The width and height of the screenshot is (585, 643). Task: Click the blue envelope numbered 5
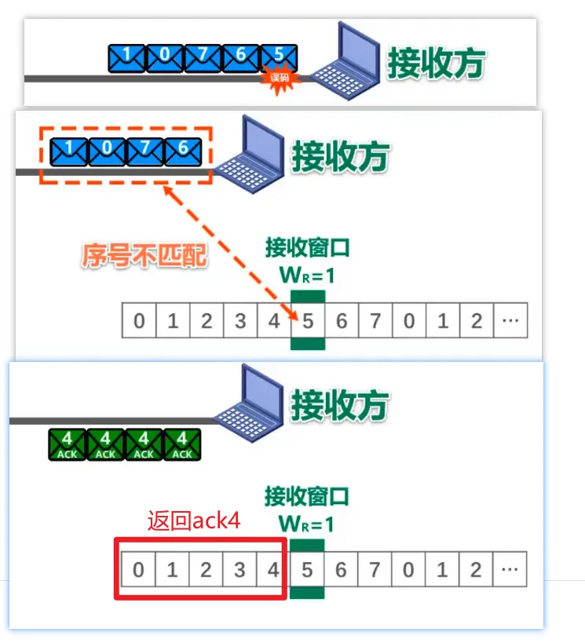(x=279, y=57)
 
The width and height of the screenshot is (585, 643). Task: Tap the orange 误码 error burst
(x=280, y=77)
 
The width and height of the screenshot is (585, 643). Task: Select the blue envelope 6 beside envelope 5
(x=241, y=57)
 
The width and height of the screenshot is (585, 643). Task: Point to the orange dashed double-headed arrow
(x=228, y=250)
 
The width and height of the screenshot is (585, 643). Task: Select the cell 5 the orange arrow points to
(x=307, y=321)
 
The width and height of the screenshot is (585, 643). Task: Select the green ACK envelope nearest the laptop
(x=182, y=444)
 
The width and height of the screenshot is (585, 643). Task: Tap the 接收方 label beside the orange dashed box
(x=340, y=155)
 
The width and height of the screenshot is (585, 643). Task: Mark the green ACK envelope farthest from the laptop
(x=68, y=444)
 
